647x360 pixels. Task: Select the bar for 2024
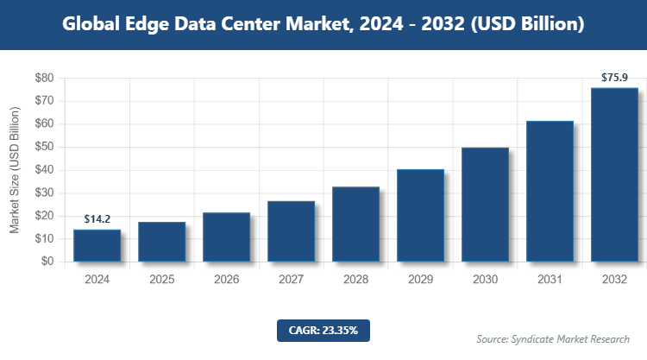pos(97,245)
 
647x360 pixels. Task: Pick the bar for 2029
pos(420,215)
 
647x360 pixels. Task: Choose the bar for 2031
pos(550,191)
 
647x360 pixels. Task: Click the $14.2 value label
pos(97,220)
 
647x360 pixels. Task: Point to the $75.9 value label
pos(614,78)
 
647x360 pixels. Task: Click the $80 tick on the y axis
pos(44,78)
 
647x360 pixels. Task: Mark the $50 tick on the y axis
pos(44,147)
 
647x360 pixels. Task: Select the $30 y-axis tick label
pos(44,193)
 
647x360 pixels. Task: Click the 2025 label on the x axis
pos(161,280)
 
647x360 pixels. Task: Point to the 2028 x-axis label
pos(355,280)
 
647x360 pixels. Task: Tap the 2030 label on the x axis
pos(485,280)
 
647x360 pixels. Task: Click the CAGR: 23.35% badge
pos(323,330)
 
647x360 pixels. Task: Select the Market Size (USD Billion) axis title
pos(15,170)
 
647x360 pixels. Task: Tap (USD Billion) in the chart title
pos(531,24)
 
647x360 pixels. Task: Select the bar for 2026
pos(226,237)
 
